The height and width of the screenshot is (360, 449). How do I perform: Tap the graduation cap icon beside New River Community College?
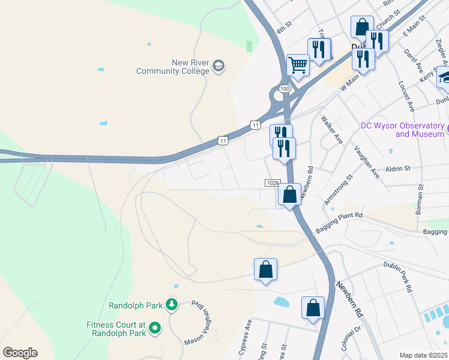218,66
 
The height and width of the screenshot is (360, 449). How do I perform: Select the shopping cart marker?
298,65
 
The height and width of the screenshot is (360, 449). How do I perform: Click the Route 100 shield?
285,89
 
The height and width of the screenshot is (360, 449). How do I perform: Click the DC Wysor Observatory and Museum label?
403,130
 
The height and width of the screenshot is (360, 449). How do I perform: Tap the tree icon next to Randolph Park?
172,305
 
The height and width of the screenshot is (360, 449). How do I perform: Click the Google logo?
20,353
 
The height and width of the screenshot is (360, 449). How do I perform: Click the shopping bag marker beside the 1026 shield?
289,195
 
